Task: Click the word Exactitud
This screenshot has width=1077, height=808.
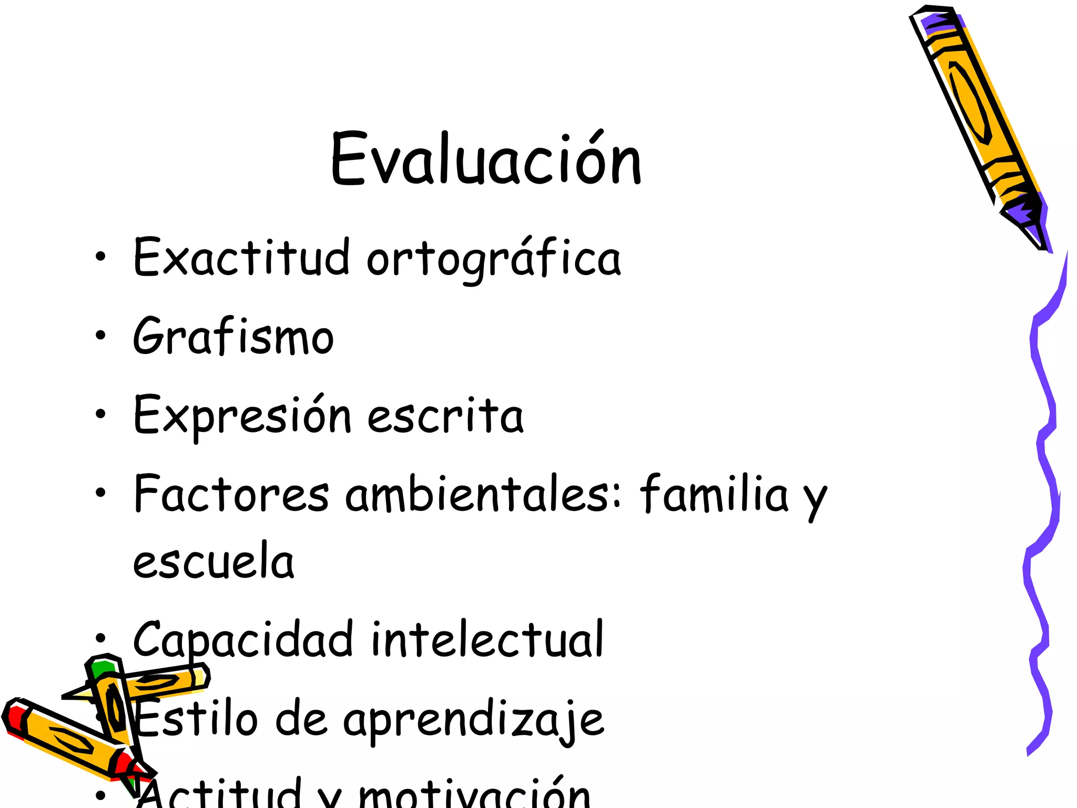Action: point(241,257)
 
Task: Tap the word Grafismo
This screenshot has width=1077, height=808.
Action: point(233,336)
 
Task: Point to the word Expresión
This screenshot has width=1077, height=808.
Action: point(242,416)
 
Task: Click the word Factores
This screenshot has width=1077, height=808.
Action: point(232,494)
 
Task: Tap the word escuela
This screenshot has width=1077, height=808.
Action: point(214,561)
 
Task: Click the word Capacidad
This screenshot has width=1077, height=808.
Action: point(243,640)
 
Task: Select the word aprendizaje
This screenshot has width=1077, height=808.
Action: point(473,721)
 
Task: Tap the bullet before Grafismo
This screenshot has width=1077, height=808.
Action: point(100,336)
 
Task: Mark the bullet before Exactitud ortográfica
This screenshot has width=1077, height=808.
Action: point(100,257)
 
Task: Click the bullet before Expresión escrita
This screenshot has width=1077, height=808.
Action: point(100,415)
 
